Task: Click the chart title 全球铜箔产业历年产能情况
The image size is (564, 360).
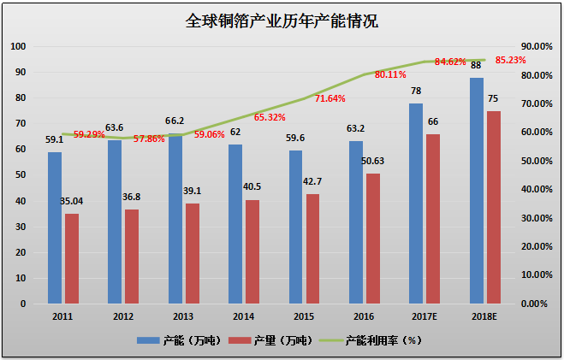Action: (x=282, y=21)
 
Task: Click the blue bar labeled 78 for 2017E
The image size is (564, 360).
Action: (x=416, y=203)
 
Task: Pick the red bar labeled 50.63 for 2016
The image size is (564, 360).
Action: (x=373, y=239)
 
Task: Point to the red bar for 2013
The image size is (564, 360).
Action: (x=192, y=253)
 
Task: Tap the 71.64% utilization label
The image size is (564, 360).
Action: (x=329, y=99)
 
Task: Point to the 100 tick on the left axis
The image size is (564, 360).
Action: (x=18, y=46)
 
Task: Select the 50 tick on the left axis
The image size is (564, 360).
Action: (x=21, y=175)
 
